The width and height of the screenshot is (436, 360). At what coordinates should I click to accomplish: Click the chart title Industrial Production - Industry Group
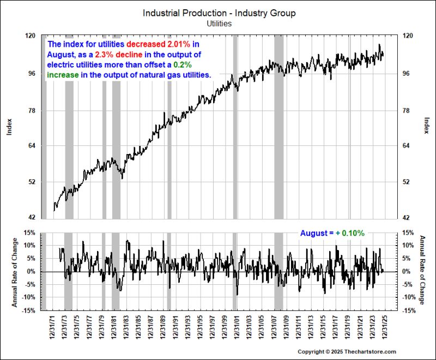click(x=219, y=13)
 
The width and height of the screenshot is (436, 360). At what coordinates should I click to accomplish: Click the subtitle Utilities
click(x=219, y=23)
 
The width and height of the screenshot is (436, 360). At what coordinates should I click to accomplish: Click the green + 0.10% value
click(x=350, y=233)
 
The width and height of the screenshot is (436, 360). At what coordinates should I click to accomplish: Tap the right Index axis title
click(x=426, y=126)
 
